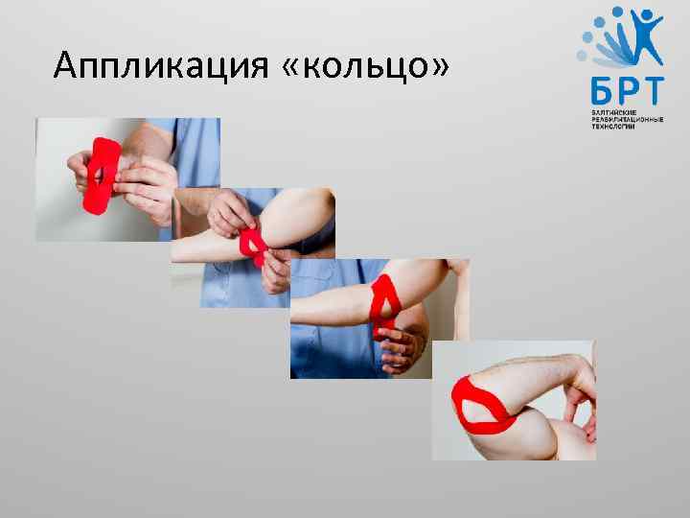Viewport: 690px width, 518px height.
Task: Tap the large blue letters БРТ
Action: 626,90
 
